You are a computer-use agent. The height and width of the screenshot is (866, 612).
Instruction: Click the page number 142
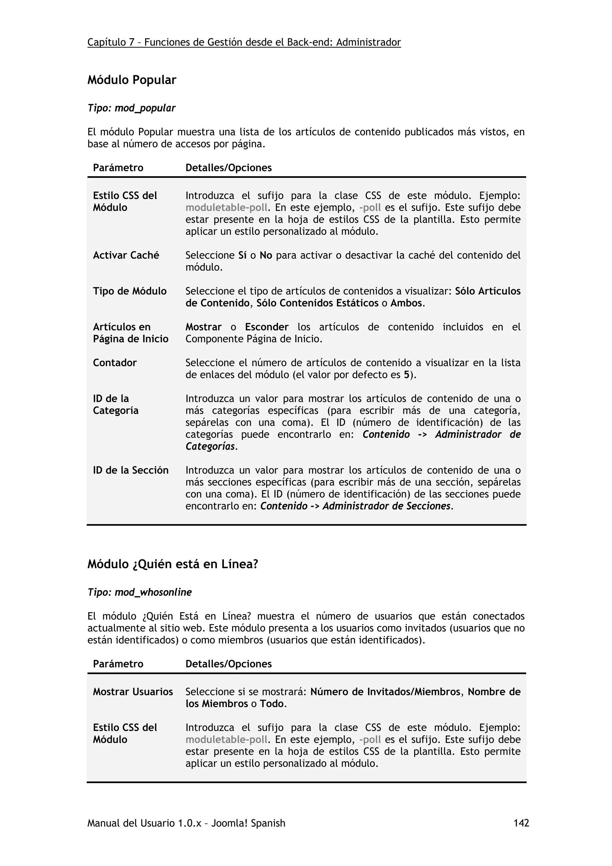pyautogui.click(x=521, y=823)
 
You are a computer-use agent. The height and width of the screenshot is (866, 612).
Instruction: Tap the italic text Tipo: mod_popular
pyautogui.click(x=131, y=108)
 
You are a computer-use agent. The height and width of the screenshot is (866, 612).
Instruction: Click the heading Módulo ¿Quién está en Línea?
pyautogui.click(x=173, y=564)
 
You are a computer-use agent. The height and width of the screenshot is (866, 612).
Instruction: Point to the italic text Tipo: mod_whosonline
pyautogui.click(x=140, y=593)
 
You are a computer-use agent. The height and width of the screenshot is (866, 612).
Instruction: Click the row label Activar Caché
pyautogui.click(x=126, y=255)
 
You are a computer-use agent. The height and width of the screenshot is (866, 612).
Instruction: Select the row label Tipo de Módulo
pyautogui.click(x=130, y=291)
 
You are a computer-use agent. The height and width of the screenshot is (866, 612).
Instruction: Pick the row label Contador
pyautogui.click(x=115, y=363)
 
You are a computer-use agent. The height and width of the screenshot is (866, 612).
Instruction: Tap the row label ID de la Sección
pyautogui.click(x=131, y=470)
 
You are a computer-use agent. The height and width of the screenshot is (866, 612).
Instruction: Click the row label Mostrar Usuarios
pyautogui.click(x=133, y=692)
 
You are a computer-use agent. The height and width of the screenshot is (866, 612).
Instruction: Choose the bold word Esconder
pyautogui.click(x=267, y=327)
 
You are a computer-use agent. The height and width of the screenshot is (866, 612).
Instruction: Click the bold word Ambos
pyautogui.click(x=406, y=303)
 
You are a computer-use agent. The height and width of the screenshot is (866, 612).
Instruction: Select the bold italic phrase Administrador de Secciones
pyautogui.click(x=386, y=506)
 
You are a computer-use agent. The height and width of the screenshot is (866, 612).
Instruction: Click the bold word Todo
pyautogui.click(x=272, y=704)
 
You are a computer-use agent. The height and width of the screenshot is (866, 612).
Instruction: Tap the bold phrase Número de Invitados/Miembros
pyautogui.click(x=385, y=692)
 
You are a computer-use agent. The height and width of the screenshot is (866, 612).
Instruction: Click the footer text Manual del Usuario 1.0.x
pyautogui.click(x=147, y=823)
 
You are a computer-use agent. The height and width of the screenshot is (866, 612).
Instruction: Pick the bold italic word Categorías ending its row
pyautogui.click(x=210, y=446)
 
